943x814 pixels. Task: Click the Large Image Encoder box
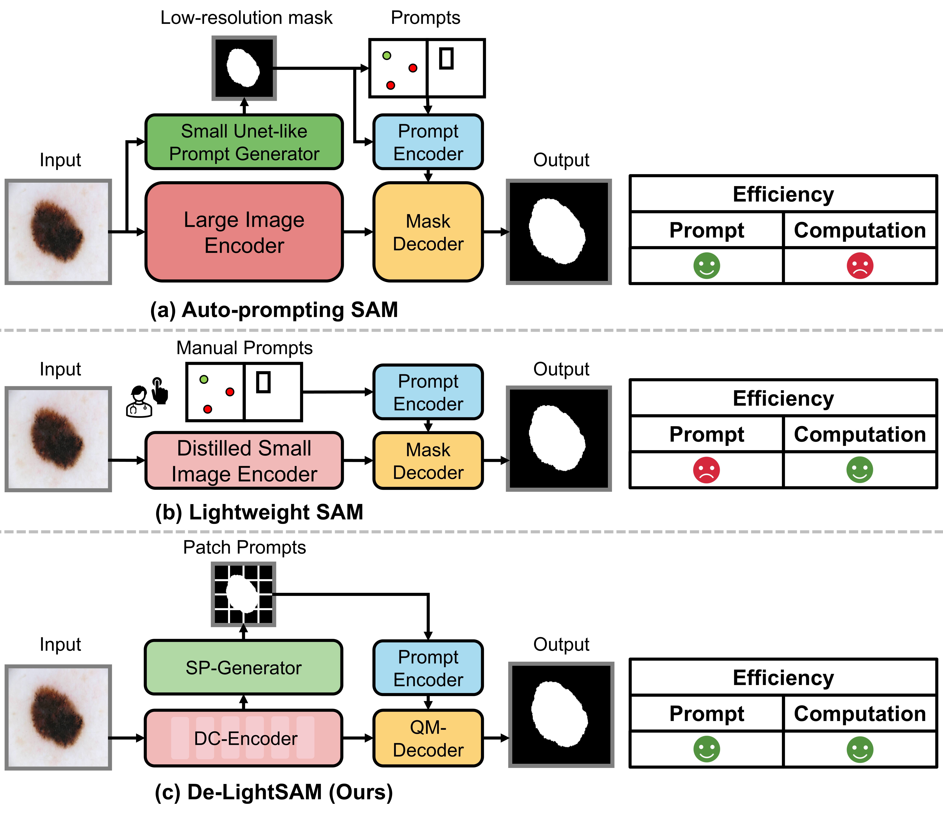(244, 232)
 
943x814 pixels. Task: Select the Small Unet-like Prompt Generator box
(244, 142)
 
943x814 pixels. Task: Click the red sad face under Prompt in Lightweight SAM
(706, 470)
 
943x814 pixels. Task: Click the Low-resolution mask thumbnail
(244, 68)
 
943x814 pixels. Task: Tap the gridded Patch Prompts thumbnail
(243, 594)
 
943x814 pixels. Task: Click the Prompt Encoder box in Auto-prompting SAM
(428, 142)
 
